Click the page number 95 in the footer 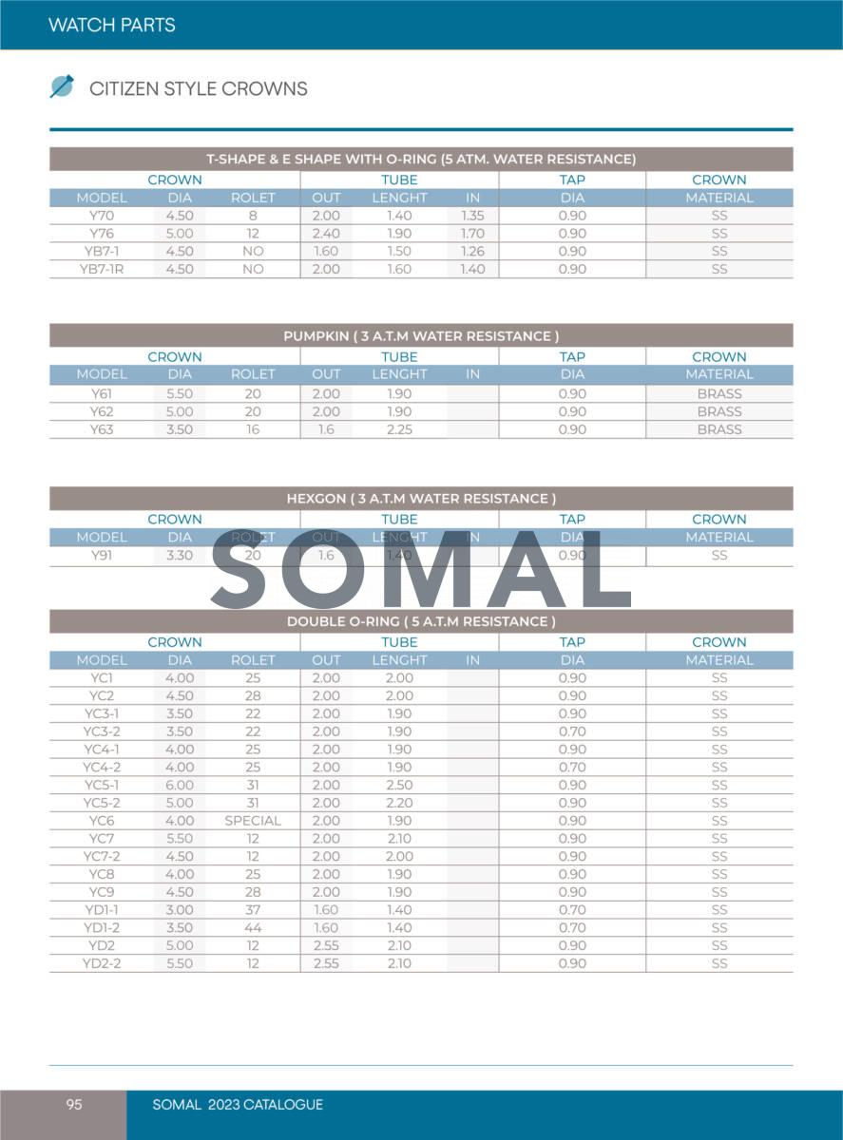[74, 1105]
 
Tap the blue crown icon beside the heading [62, 86]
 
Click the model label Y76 [102, 234]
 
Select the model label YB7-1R [102, 269]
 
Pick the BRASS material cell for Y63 [719, 429]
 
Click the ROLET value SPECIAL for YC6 [253, 821]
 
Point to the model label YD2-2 [102, 963]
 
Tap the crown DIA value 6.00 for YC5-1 [180, 785]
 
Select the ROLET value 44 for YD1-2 [253, 927]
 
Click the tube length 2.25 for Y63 [400, 429]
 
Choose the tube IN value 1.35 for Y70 [472, 216]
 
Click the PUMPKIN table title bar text [421, 336]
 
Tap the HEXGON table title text [421, 499]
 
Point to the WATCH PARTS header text [112, 25]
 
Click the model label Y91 [102, 555]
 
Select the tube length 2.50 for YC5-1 [400, 785]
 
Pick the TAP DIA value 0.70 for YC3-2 [572, 731]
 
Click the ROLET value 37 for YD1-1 [253, 910]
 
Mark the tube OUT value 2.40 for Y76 [326, 234]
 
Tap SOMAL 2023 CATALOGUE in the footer [238, 1105]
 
